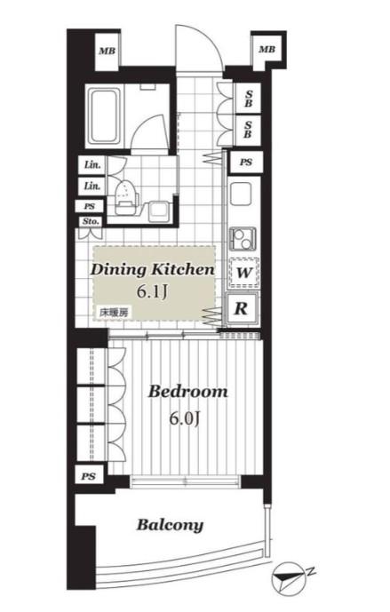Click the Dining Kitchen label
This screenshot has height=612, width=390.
(152, 270)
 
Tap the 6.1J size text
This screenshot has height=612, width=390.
(152, 291)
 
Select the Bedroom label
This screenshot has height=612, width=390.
(187, 392)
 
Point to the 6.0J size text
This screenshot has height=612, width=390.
(185, 418)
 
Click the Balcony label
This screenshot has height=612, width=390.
(171, 525)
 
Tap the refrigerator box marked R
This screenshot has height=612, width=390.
(242, 308)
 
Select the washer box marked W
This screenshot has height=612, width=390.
(243, 273)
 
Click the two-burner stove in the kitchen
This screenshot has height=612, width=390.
(243, 238)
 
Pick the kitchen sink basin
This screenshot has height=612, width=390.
(243, 194)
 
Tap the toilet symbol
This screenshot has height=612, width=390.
(125, 198)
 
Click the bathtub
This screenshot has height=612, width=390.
(103, 115)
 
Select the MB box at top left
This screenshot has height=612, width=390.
(107, 51)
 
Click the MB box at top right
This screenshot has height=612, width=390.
(267, 50)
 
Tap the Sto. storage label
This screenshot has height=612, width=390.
(91, 221)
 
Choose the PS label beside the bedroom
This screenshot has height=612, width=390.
(89, 477)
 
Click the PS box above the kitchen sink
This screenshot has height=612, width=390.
(245, 162)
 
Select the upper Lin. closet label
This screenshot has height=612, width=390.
(92, 164)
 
